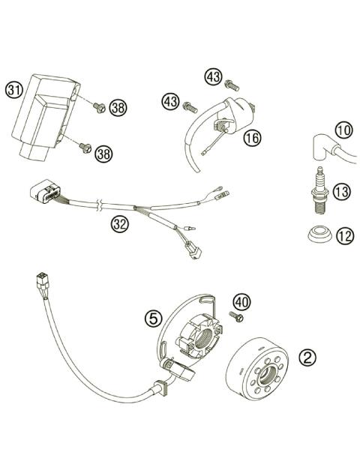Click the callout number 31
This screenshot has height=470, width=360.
pos(13,91)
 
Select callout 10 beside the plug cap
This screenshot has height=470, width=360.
pos(343,130)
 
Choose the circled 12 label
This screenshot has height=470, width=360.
pos(343,237)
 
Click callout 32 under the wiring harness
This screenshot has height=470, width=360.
pos(119,223)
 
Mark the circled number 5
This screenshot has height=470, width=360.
pos(153,318)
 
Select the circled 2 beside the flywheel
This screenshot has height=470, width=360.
pos(307,357)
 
